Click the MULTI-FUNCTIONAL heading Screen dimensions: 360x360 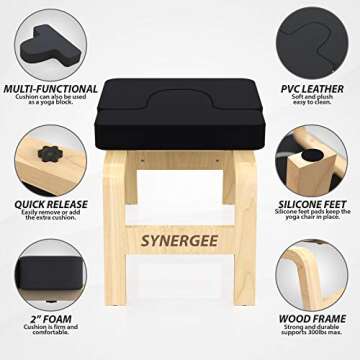click(x=49, y=89)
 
